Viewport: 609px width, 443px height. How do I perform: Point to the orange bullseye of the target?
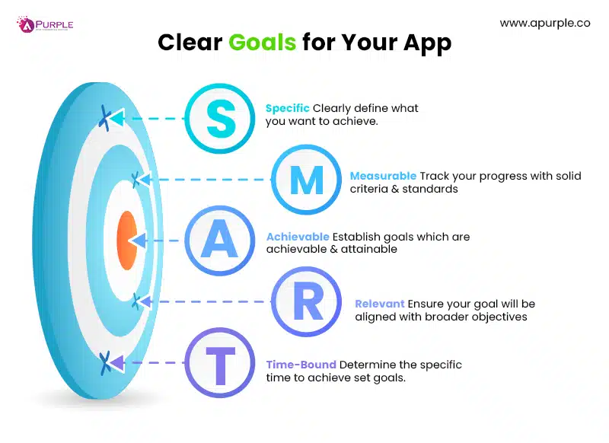(126, 240)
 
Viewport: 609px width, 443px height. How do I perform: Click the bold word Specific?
(287, 108)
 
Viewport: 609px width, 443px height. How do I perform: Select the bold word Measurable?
(383, 176)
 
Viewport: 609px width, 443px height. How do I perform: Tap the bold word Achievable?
(298, 237)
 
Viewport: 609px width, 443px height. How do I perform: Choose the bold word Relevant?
(379, 304)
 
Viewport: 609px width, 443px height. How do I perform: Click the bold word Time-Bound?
(301, 365)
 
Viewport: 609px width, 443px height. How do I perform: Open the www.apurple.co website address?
(545, 23)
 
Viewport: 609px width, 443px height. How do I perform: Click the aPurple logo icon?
(26, 25)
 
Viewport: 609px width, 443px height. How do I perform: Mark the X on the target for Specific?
(105, 117)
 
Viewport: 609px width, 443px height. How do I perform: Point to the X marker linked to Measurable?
(136, 180)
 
